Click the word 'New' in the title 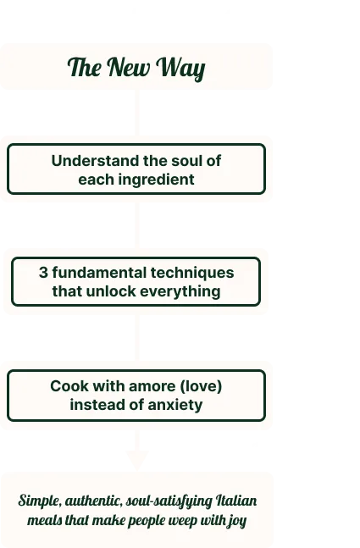128,67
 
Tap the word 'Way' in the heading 180,68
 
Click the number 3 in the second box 43,273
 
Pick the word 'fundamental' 99,273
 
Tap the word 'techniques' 192,274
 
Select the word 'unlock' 111,291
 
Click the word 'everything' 180,292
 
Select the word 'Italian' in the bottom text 236,501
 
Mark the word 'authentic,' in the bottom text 94,501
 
